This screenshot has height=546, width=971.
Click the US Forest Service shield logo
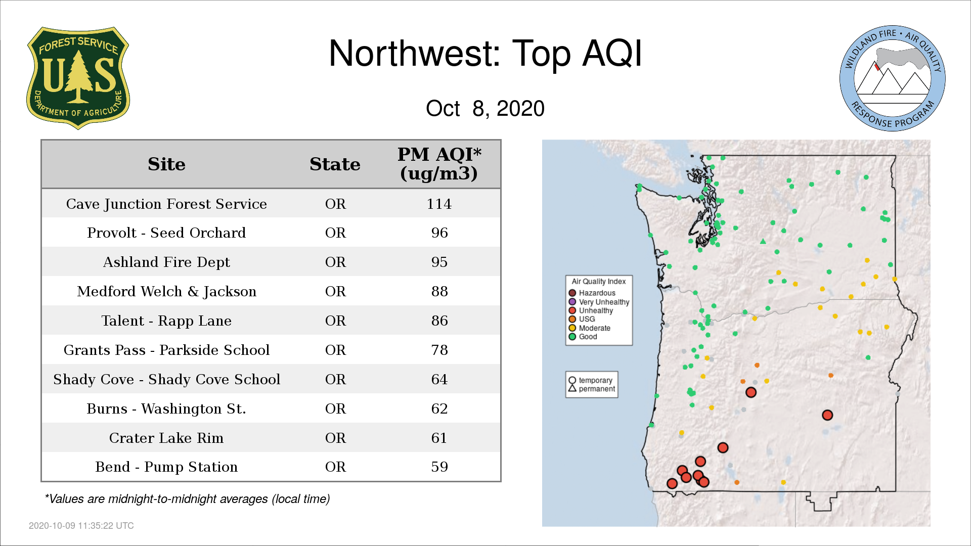tap(78, 78)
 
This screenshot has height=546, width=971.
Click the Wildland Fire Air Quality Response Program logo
tap(893, 78)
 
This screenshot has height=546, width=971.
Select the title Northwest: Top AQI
tap(485, 54)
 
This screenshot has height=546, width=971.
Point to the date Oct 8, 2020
tap(485, 108)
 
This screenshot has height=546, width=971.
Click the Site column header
tap(166, 164)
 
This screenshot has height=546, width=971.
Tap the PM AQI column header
tap(439, 164)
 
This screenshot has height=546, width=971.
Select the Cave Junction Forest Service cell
tap(166, 204)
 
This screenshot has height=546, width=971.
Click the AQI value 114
tap(439, 204)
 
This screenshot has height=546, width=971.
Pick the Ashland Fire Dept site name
tap(166, 262)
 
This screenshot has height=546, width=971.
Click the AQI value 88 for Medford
tap(439, 291)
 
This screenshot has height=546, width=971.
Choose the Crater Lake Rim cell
tap(166, 438)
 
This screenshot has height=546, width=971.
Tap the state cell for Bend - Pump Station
tap(335, 467)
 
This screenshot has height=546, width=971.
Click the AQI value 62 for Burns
tap(439, 408)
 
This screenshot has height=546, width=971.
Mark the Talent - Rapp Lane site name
tap(166, 321)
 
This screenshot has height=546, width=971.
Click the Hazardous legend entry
tap(592, 293)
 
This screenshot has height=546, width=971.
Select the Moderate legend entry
tap(589, 328)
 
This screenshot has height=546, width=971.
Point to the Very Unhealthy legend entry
tap(599, 302)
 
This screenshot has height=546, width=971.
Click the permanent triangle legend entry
tap(592, 389)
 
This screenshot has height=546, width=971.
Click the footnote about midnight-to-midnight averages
tap(187, 499)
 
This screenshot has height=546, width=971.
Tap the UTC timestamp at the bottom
tap(81, 526)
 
